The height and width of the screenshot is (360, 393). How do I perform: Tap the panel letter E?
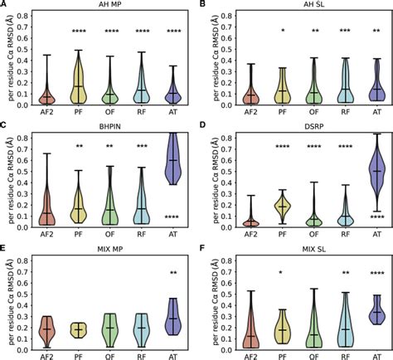coord(5,246)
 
